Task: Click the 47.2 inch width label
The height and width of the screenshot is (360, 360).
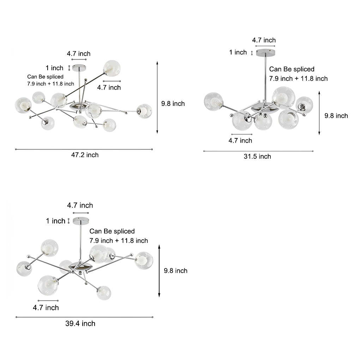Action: tap(85, 155)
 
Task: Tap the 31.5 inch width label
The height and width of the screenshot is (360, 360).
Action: tap(257, 157)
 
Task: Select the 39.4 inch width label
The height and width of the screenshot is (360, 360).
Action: tap(80, 324)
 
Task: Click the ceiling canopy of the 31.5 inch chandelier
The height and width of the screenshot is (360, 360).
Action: tap(265, 52)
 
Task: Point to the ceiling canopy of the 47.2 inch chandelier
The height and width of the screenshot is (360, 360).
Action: tap(79, 67)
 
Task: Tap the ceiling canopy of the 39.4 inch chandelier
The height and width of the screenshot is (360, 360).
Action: tap(81, 221)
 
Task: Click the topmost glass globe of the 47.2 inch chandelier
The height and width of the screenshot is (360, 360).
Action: tap(112, 68)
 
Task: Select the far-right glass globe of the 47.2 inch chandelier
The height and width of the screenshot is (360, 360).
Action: tap(144, 111)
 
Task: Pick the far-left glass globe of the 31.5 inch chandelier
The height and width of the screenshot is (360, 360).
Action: tap(213, 102)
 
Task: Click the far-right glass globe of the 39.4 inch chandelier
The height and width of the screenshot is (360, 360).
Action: tap(144, 260)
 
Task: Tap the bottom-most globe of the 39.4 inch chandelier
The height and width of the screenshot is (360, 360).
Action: tap(104, 293)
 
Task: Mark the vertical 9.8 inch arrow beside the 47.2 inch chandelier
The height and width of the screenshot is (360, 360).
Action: tap(157, 97)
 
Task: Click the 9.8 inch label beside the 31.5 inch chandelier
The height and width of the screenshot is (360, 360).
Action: tap(336, 116)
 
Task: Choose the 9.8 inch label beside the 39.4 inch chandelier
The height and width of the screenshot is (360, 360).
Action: tap(176, 271)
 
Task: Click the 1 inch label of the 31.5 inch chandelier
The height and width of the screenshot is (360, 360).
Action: tap(238, 52)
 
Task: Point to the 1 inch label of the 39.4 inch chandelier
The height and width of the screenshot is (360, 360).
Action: tap(55, 221)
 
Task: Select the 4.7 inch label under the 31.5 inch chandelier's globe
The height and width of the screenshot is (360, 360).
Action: tap(240, 140)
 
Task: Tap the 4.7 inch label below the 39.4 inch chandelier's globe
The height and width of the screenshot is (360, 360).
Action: tap(46, 308)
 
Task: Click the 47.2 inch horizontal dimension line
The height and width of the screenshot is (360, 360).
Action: tap(84, 149)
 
